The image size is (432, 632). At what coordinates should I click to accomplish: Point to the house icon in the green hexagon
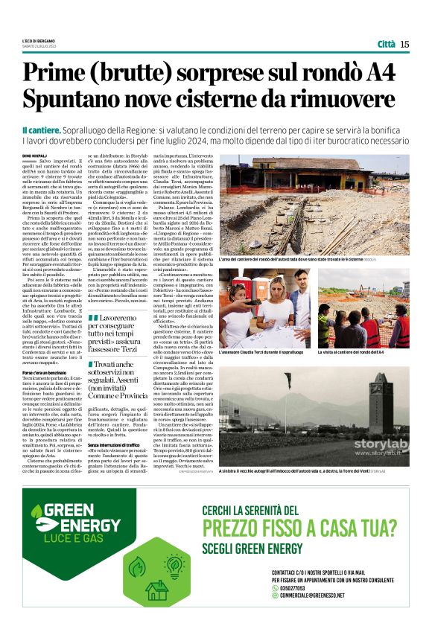[x=158, y=592]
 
